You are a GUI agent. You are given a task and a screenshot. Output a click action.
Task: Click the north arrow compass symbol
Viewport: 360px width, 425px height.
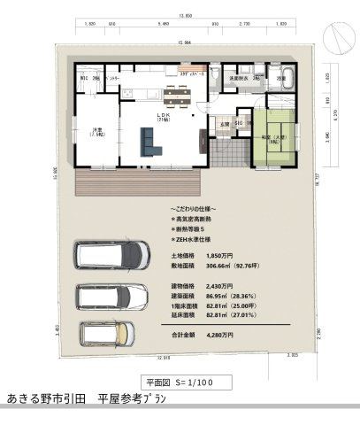click(x=337, y=37)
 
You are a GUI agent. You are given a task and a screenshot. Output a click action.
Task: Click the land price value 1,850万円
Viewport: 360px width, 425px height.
click(x=220, y=254)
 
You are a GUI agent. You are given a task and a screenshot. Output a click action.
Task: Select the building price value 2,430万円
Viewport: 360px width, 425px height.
click(x=220, y=287)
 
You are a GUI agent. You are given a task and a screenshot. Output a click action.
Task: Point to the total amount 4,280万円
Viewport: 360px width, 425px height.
click(x=220, y=335)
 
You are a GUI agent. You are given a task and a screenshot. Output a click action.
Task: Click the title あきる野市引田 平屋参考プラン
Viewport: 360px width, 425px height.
click(x=85, y=399)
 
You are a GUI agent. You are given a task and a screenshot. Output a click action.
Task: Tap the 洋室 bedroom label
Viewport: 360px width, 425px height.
click(x=96, y=132)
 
